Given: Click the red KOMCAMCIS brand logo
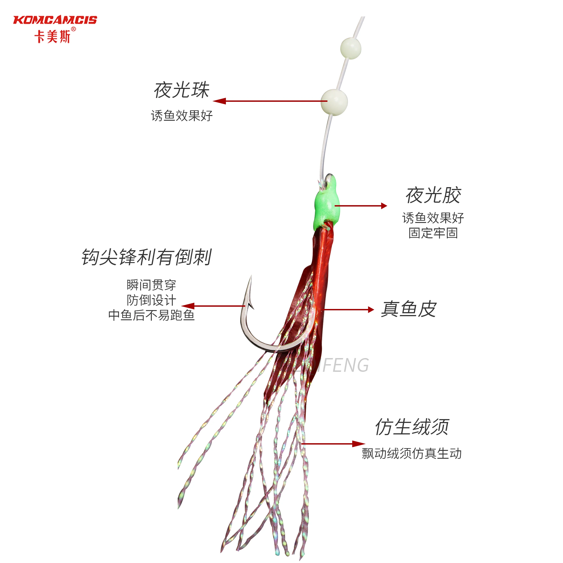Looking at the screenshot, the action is pos(55,20).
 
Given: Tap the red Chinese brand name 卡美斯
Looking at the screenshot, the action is pos(52,37).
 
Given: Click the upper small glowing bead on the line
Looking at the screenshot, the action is pos(351,48).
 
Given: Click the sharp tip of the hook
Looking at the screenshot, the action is pos(251,277).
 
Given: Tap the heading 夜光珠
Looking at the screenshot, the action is pos(181,90).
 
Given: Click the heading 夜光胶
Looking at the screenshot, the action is pos(433,195).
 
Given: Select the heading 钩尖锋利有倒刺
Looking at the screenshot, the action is pos(147,257).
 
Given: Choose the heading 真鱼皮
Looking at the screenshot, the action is pos(409,309).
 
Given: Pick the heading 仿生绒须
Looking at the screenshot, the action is pos(412,427).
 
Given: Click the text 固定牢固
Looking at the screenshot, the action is pos(433,233).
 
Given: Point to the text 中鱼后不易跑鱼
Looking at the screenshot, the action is pos(151,315).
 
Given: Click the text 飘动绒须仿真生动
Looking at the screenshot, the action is pos(411,453).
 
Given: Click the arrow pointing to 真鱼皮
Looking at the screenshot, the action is pos(348,309).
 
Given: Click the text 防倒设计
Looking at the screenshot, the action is pos(151,300).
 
